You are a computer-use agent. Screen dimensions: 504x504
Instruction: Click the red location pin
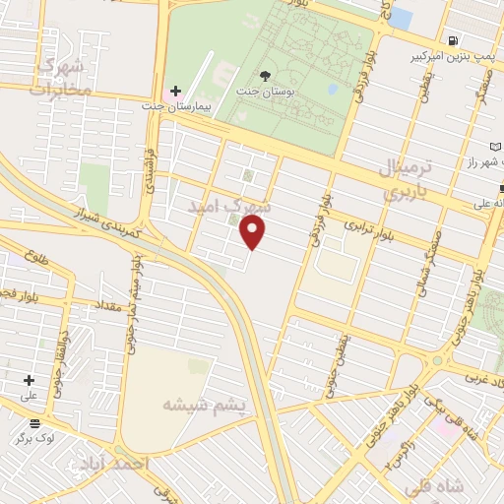point(253,232)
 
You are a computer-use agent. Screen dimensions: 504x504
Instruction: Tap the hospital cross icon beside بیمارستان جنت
point(176,92)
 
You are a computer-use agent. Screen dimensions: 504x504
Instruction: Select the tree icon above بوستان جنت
point(265,75)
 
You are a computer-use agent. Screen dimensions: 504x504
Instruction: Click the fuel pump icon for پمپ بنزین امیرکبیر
point(453,41)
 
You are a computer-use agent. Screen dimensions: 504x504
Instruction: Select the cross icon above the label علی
point(29,380)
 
